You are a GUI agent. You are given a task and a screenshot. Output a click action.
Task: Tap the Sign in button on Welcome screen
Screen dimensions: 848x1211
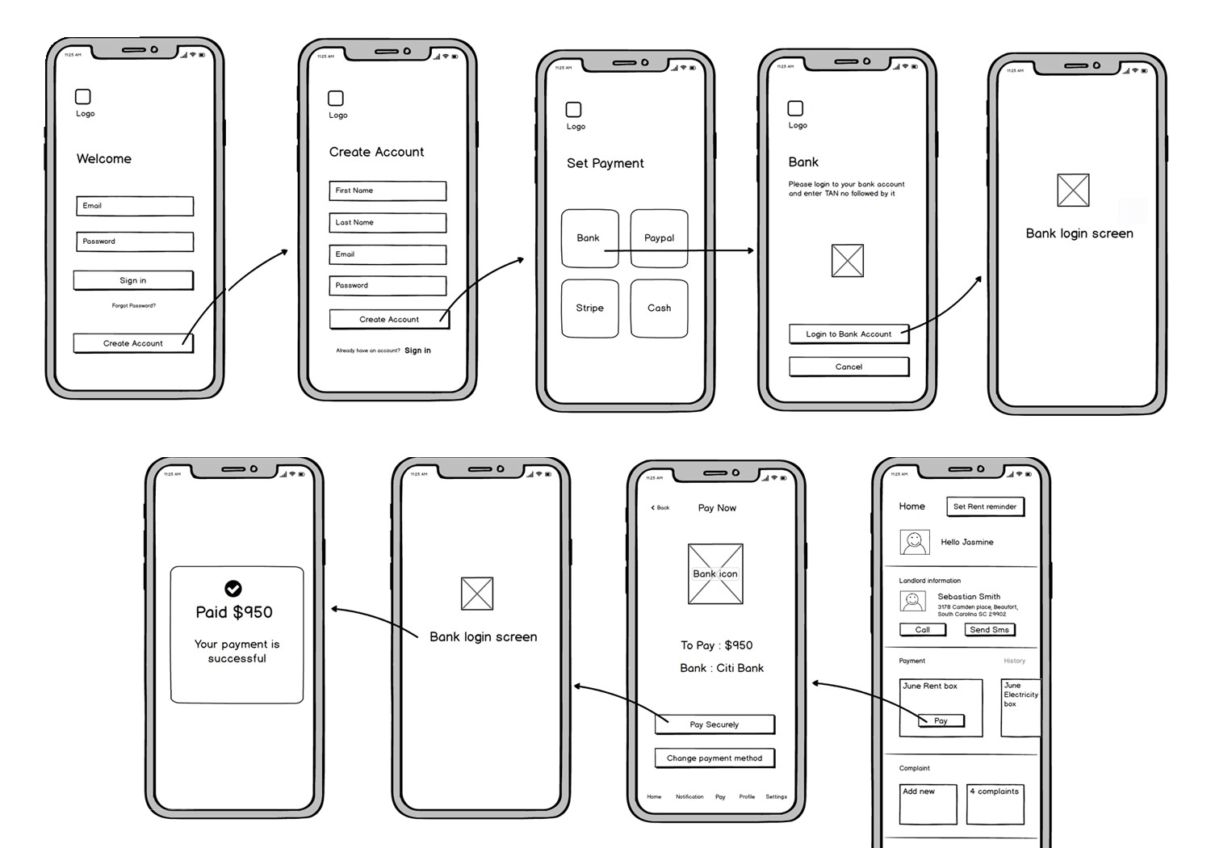(133, 280)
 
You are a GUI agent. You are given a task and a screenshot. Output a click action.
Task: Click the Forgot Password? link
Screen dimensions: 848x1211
(134, 305)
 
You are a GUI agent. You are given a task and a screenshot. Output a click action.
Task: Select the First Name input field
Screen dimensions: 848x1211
(388, 191)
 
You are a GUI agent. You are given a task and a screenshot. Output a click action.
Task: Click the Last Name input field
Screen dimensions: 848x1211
(388, 222)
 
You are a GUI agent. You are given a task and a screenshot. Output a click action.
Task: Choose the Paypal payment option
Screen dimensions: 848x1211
(659, 238)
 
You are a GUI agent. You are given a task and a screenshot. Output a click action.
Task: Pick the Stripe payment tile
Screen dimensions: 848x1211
(589, 308)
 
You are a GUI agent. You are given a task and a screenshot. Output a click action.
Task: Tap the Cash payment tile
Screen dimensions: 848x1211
(659, 308)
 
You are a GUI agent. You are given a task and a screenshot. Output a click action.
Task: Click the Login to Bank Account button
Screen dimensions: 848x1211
(849, 334)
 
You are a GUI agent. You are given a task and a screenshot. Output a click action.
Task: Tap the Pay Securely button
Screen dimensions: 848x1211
(714, 724)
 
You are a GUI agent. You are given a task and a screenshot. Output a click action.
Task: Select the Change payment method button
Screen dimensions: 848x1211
(714, 758)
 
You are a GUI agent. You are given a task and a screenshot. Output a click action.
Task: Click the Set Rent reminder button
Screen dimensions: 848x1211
(984, 506)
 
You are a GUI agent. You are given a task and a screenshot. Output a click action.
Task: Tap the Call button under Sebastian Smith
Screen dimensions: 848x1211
(922, 630)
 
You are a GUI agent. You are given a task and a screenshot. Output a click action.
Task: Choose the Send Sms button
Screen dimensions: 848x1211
(989, 630)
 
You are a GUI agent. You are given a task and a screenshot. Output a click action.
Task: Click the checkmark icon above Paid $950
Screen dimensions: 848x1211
(233, 588)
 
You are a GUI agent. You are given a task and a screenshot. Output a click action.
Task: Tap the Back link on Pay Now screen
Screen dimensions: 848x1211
(660, 508)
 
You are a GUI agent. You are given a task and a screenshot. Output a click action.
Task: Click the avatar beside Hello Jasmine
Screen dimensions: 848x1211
(914, 542)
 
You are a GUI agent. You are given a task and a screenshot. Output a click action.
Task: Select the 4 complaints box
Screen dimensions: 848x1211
(995, 804)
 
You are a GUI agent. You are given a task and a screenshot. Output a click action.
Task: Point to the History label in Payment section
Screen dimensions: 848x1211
(1014, 661)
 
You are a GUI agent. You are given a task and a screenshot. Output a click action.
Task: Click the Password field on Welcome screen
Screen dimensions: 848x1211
(135, 241)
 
